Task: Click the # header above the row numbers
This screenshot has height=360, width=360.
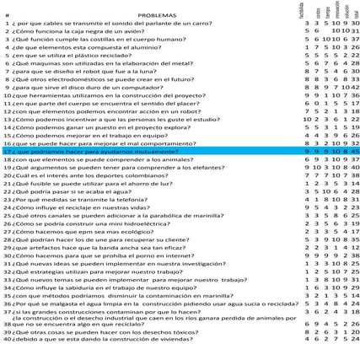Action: pos(7,14)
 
